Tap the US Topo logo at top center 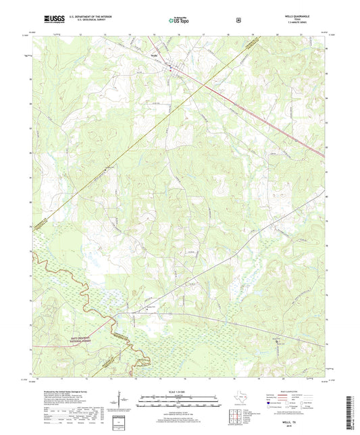click(x=180, y=20)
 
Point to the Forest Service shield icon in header click(x=238, y=20)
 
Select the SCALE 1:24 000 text click(x=179, y=391)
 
